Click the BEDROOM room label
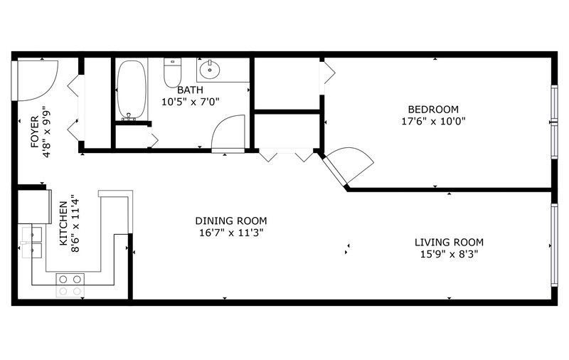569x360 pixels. tap(433, 110)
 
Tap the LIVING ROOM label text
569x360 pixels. tap(449, 242)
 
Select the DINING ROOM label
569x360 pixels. tap(230, 221)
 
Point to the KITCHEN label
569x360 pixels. tap(63, 223)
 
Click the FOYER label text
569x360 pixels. tap(35, 132)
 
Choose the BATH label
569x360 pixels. tap(190, 90)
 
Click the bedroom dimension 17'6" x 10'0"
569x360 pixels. tap(433, 121)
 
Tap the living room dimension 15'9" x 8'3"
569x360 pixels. tap(449, 254)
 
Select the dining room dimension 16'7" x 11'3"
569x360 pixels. tap(230, 233)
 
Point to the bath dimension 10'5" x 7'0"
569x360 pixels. tap(191, 102)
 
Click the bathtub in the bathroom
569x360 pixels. tap(132, 90)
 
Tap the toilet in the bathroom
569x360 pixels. tap(172, 73)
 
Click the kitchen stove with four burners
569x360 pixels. tap(70, 285)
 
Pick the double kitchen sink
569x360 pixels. tap(32, 243)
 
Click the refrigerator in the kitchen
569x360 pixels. tap(34, 207)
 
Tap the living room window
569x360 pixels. tap(554, 245)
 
